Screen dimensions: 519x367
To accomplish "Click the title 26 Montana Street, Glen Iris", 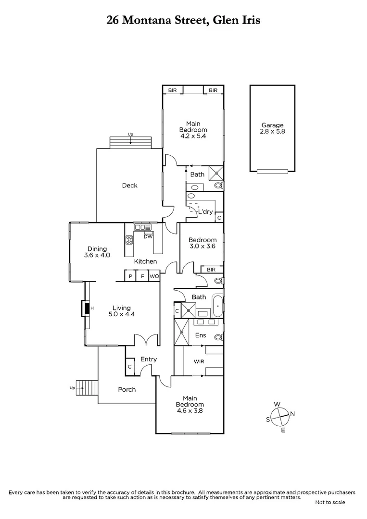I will tap(183, 20).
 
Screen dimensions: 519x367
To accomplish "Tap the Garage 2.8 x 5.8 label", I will tap(272, 128).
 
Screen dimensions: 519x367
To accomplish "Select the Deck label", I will tap(129, 185).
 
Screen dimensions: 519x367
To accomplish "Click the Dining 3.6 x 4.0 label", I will tap(97, 252).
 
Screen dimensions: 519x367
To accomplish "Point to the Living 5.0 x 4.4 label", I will tap(122, 311).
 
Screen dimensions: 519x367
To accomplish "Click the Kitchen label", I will tap(145, 261).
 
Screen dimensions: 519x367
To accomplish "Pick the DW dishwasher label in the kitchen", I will tap(148, 236).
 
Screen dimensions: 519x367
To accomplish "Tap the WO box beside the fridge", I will tap(154, 277).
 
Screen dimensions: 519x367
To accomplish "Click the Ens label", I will tap(201, 335).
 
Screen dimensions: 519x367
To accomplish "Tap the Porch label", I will tap(127, 389).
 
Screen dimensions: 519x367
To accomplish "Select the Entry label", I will tap(149, 359).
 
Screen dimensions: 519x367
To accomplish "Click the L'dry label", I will tap(204, 212).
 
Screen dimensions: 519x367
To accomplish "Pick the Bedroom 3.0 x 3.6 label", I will tap(202, 243).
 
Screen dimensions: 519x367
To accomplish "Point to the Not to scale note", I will tap(330, 502).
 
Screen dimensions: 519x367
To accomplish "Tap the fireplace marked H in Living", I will tap(87, 308).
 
